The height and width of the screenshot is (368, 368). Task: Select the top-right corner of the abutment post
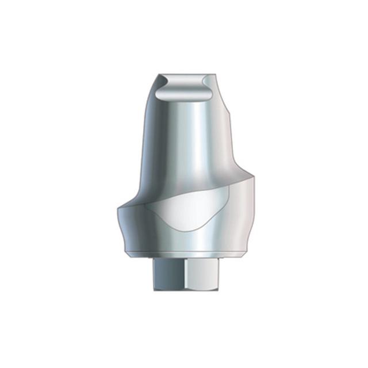216,75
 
